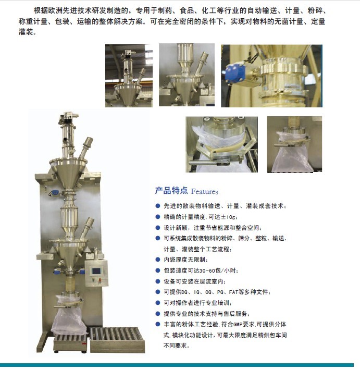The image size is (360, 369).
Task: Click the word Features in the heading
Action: tap(204, 192)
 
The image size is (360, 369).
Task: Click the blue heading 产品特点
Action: tap(171, 191)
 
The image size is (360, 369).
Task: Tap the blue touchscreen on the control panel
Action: tap(96, 271)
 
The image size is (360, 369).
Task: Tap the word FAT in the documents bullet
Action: tap(233, 292)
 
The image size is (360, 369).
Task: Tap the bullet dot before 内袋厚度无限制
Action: tap(158, 260)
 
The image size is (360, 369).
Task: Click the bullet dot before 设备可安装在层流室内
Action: tap(158, 281)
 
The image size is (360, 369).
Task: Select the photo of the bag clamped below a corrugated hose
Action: tap(294, 144)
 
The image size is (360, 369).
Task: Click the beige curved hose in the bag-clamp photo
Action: tap(226, 147)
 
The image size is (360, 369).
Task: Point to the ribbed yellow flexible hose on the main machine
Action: tap(70, 284)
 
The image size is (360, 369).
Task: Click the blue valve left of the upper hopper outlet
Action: tap(56, 192)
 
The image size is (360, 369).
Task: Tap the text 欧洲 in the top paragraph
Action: tap(56, 10)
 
